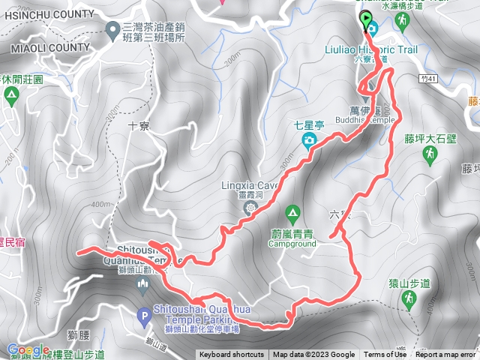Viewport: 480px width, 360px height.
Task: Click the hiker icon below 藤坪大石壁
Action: tap(430, 155)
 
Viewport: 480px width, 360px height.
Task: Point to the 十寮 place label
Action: tap(139, 126)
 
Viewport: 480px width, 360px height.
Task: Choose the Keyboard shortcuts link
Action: tap(231, 355)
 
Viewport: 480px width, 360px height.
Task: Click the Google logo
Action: tap(28, 349)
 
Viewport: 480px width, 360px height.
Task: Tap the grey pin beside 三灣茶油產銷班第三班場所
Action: tap(112, 31)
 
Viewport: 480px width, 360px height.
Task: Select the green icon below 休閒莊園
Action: tap(11, 95)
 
